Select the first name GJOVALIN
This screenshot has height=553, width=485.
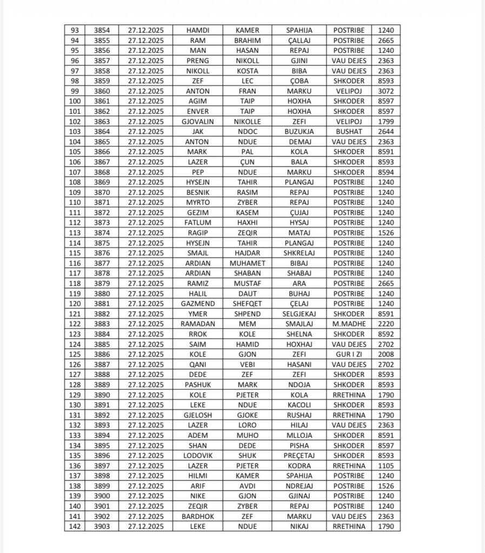click(x=197, y=122)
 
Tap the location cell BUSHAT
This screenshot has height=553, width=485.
click(x=349, y=131)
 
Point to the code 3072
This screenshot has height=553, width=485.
click(x=386, y=91)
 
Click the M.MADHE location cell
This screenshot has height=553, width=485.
click(x=349, y=323)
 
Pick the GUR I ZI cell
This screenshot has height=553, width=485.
click(x=349, y=354)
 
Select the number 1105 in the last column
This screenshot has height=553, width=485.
click(x=386, y=466)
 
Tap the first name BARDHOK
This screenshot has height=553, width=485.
click(x=197, y=516)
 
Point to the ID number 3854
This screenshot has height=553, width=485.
click(x=101, y=30)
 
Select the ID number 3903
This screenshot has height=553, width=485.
click(x=101, y=527)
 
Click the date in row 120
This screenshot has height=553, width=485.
click(x=146, y=304)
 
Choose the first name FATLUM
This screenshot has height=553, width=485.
click(x=197, y=222)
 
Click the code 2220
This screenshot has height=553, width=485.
click(x=386, y=323)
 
